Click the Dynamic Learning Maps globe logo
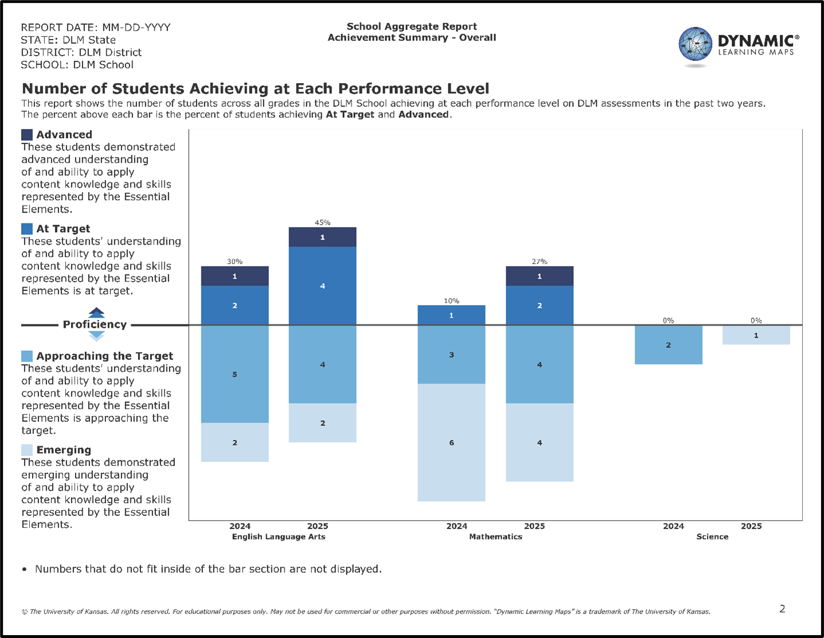click(695, 44)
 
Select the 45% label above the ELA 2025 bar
click(322, 222)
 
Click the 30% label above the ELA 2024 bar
click(235, 261)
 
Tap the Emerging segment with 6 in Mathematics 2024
click(451, 443)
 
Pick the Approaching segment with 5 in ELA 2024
click(235, 374)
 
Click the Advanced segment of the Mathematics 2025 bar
click(539, 276)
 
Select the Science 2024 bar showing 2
click(668, 345)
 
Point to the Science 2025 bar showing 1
click(756, 335)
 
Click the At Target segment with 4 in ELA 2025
click(322, 285)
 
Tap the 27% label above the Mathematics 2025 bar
click(539, 261)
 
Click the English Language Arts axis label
click(278, 537)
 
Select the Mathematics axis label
click(495, 537)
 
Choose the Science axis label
click(712, 537)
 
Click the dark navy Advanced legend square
click(27, 135)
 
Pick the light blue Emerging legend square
click(27, 450)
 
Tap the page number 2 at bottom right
click(782, 609)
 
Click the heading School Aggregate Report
click(412, 26)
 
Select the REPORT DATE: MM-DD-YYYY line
click(95, 28)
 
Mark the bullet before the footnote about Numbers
click(24, 570)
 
